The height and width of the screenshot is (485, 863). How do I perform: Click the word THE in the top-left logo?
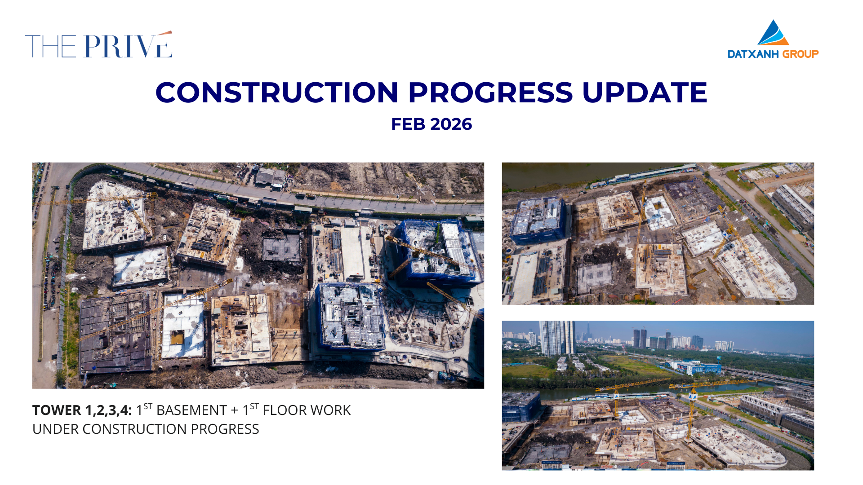51,46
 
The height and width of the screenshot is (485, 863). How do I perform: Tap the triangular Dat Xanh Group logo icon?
773,32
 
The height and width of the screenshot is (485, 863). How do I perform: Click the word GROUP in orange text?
801,54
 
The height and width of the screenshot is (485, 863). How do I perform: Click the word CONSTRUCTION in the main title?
277,93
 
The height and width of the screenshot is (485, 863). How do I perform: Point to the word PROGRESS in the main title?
490,93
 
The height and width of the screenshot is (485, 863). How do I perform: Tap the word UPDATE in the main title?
645,93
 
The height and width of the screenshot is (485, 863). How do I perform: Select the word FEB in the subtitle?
407,124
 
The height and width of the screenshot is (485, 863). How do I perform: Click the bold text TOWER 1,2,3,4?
82,410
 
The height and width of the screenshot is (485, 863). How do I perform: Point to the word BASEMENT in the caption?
191,410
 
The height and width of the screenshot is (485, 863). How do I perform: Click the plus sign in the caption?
235,411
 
